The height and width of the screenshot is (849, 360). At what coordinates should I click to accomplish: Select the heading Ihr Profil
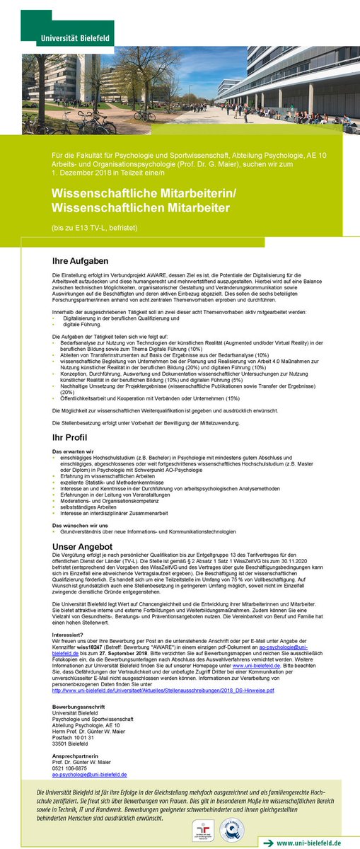click(71, 438)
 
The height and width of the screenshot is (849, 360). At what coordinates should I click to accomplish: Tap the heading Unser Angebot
click(82, 547)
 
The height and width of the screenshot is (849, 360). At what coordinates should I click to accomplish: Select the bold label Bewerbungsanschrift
click(79, 708)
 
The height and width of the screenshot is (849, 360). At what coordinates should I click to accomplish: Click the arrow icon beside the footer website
click(267, 843)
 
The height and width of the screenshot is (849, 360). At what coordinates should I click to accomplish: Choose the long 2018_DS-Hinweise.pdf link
click(163, 690)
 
